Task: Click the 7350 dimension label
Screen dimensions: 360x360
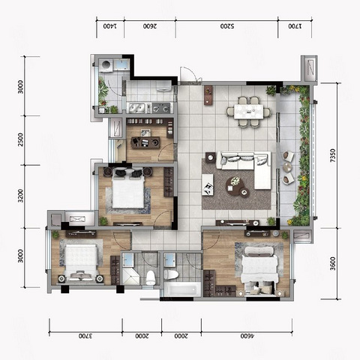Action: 332,156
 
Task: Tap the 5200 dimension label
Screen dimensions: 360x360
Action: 227,26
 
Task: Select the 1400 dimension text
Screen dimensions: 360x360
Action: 110,26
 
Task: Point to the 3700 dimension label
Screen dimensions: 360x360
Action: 85,336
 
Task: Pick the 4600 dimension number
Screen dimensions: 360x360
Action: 247,336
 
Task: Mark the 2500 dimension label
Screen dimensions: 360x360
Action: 20,139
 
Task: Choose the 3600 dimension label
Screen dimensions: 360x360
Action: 332,264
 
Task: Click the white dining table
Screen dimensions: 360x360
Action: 248,111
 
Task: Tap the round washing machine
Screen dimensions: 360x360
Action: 106,64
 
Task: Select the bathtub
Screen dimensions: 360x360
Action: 182,289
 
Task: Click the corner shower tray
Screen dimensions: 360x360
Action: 130,275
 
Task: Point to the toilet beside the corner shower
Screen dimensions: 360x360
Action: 151,277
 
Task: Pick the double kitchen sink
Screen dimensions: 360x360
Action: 136,108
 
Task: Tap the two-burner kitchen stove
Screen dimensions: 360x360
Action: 161,108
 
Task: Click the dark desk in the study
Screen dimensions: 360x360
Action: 145,142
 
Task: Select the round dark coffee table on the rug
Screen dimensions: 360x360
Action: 235,185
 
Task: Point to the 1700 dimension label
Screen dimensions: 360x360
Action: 295,26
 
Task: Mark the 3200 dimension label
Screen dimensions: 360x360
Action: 20,196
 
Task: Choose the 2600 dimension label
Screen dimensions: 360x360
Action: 150,26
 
